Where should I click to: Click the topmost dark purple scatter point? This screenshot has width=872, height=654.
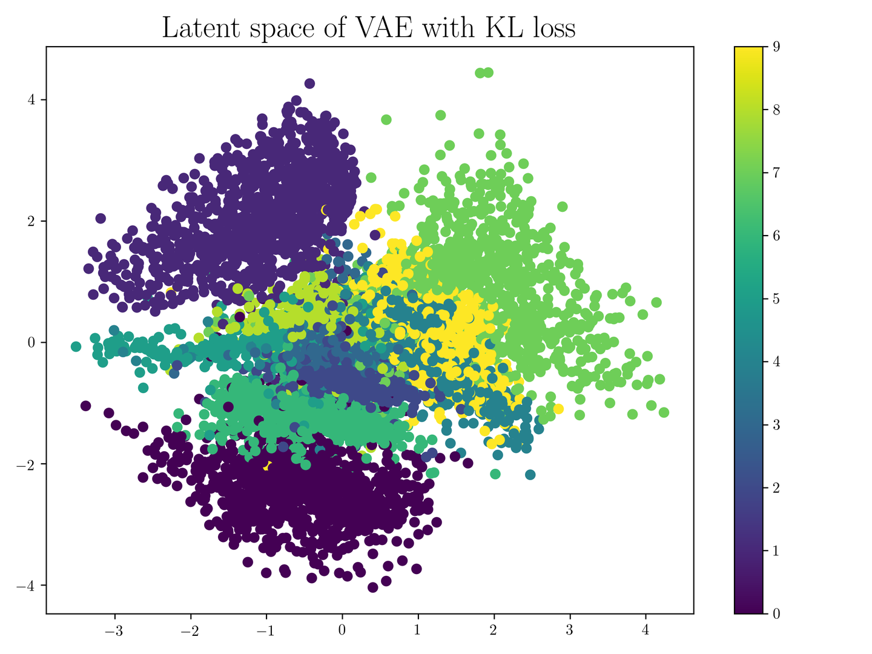pos(309,84)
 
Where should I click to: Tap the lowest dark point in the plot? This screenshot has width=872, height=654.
pos(373,587)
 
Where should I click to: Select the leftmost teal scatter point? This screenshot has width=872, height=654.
pos(76,346)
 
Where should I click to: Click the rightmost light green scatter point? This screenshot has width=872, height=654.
pos(664,412)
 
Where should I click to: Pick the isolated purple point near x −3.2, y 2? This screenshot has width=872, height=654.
pos(101,219)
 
